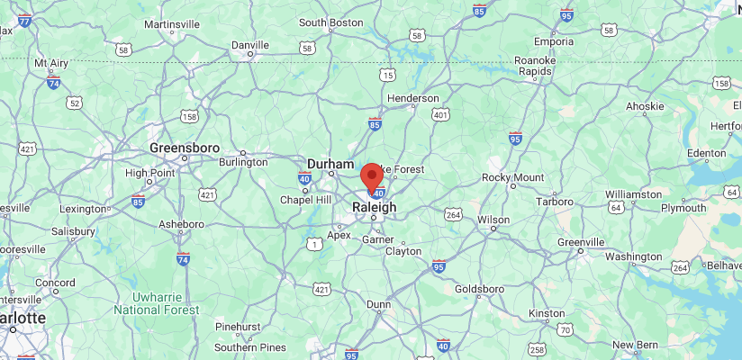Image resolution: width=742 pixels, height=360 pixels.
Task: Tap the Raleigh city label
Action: click(374, 207)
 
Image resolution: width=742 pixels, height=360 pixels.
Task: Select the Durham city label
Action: click(330, 164)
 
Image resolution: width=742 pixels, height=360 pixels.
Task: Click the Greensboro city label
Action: click(184, 147)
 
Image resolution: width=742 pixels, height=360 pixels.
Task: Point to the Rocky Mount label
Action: click(513, 177)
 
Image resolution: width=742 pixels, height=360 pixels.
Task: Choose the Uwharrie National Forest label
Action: click(156, 302)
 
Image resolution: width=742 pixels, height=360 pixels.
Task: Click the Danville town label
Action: click(250, 44)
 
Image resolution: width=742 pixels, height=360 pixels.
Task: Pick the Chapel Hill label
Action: click(306, 200)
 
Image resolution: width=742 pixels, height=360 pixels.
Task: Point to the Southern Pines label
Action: click(250, 347)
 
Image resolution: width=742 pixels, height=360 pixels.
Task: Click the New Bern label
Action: click(636, 345)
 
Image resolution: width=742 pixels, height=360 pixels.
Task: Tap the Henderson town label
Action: click(412, 98)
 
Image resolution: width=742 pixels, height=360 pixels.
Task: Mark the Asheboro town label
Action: click(181, 223)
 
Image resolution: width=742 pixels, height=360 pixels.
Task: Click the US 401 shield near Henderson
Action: click(440, 114)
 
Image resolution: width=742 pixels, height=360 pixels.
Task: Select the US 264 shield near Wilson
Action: click(453, 214)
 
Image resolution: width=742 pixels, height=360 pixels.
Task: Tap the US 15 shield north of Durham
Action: click(386, 74)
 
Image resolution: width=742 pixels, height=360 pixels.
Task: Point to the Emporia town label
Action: click(554, 41)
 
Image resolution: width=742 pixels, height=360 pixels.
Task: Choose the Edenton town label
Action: click(706, 153)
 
